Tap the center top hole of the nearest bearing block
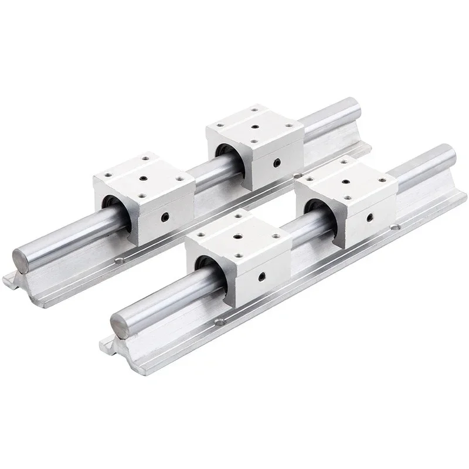(239, 236)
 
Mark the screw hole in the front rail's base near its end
(220, 321)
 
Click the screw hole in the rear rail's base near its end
(121, 260)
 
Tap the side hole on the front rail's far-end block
(370, 215)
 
